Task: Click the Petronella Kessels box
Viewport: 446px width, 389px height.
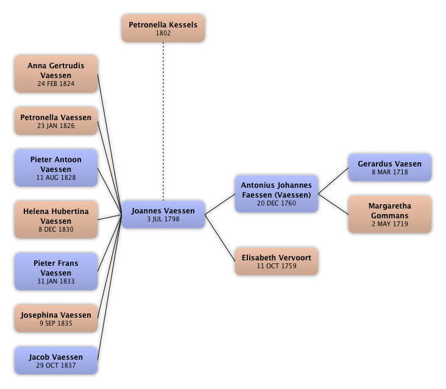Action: tap(163, 29)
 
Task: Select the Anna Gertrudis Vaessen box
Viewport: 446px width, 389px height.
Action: tap(55, 74)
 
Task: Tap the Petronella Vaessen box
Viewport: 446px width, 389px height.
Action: tap(55, 121)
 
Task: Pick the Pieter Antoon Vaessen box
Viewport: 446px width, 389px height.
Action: tap(55, 168)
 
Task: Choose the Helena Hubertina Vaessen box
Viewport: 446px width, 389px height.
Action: tap(55, 220)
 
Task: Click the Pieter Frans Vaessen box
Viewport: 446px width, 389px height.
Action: tap(55, 272)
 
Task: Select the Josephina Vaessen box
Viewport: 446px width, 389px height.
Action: tap(55, 319)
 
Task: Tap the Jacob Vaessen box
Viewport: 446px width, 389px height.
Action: tap(55, 360)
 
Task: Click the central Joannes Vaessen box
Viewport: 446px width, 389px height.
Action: tap(163, 214)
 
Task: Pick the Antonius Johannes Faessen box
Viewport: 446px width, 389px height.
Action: tap(276, 194)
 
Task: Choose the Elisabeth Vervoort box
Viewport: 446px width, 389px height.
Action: tap(276, 262)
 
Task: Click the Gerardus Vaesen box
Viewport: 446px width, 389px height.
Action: tap(389, 168)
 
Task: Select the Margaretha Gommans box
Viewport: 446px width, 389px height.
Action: tap(389, 215)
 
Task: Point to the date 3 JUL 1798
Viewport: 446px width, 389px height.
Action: tap(163, 219)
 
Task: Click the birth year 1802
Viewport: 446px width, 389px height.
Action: tap(163, 34)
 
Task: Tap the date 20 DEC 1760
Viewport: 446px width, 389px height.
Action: tap(276, 204)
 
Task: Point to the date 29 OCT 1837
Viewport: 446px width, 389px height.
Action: tap(55, 365)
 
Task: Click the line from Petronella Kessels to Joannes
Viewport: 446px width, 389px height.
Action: tap(163, 122)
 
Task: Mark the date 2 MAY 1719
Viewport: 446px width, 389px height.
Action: tap(389, 224)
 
